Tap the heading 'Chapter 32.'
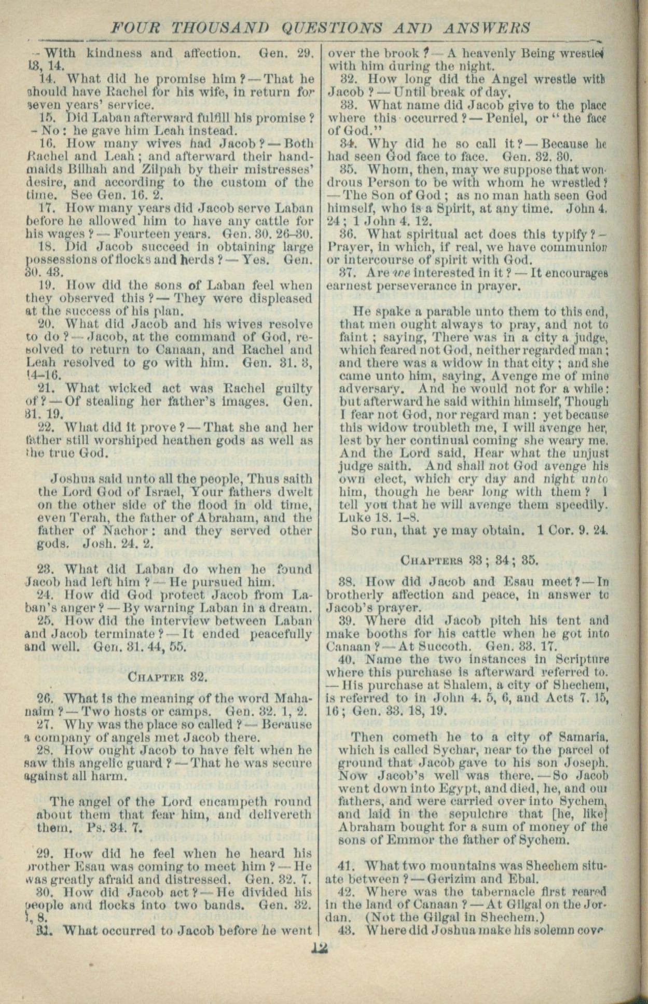click(x=168, y=676)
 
